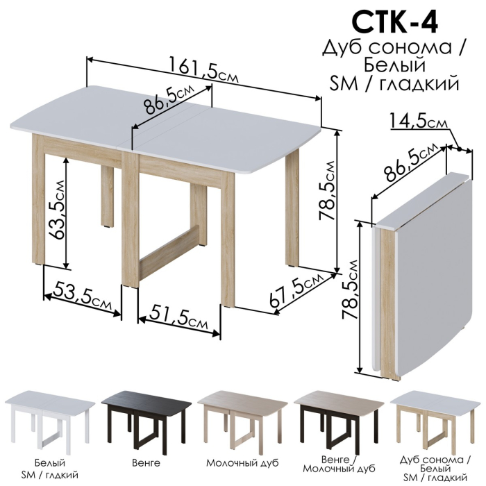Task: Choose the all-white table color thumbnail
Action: point(50,419)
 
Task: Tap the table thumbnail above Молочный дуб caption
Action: point(242,419)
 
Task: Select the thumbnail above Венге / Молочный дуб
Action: point(338,419)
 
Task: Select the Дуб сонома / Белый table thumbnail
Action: point(435,419)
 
